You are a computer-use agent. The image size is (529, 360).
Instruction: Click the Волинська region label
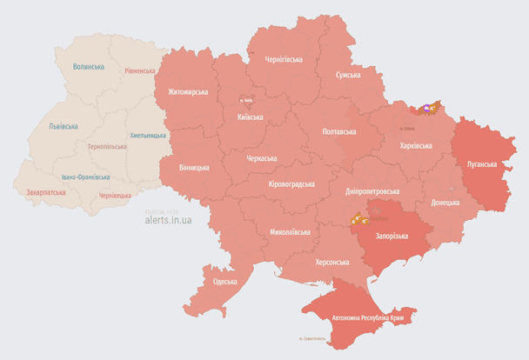coord(89,67)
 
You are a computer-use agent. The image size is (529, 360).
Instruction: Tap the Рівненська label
coord(140,70)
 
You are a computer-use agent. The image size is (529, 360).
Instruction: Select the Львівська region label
coord(63,126)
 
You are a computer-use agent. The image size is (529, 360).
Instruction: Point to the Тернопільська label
coord(107,146)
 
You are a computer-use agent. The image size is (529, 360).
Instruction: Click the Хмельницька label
coord(147,136)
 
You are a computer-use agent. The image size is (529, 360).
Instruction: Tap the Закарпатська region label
coord(45,191)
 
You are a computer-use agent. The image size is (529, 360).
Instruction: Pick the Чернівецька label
coord(115,196)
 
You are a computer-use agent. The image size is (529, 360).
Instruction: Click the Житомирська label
coord(188,91)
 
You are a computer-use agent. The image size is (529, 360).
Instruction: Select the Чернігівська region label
coord(284,60)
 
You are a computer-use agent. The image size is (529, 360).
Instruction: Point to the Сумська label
coord(348,76)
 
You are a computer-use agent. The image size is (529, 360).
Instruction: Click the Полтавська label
coord(339,131)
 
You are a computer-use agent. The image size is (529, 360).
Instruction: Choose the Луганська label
coord(481,163)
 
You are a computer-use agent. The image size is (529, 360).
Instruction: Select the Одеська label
coord(224,282)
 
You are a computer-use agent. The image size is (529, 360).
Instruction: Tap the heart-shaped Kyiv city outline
coord(246,100)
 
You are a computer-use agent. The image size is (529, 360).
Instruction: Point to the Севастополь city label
coord(311,337)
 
